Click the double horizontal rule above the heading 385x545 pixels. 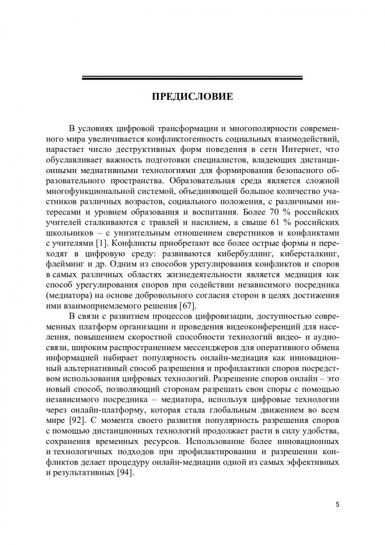(192, 78)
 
